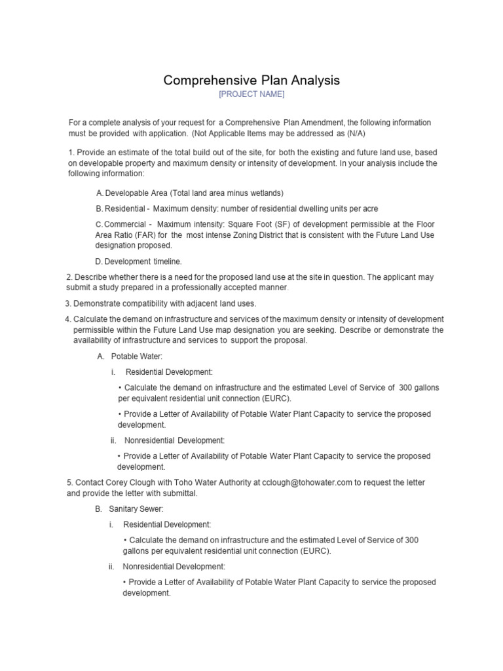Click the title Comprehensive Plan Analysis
(251, 80)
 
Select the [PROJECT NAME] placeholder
(251, 94)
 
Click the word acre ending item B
(369, 208)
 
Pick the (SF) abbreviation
(269, 224)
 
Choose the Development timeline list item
(139, 261)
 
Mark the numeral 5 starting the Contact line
(69, 482)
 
